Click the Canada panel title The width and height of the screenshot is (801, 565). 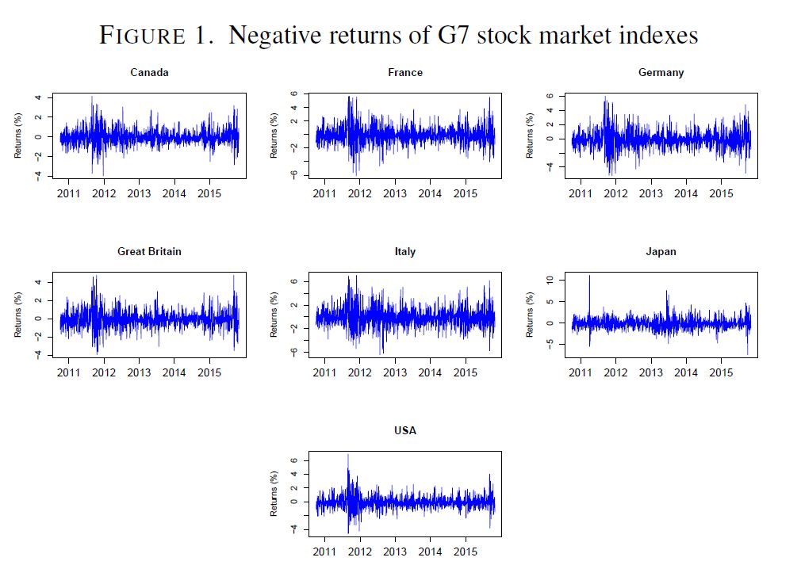click(x=149, y=73)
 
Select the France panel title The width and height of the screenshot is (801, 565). click(x=405, y=73)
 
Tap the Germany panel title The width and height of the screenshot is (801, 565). click(x=661, y=73)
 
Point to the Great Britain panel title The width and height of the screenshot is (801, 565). click(x=149, y=252)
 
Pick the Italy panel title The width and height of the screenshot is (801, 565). click(x=405, y=252)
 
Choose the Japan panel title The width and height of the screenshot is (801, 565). click(x=661, y=252)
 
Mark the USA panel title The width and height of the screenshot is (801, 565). click(x=405, y=431)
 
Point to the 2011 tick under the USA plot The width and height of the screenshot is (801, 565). click(x=325, y=552)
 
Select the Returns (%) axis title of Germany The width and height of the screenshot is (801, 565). click(x=529, y=136)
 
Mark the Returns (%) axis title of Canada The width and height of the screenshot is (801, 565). click(x=17, y=136)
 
